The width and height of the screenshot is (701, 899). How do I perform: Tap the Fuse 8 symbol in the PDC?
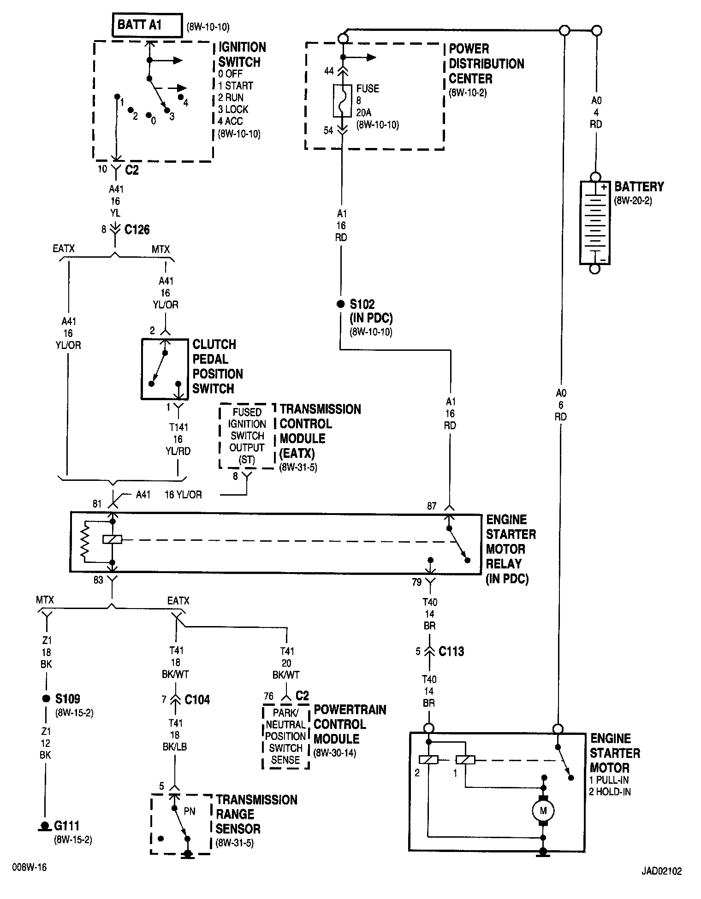342,100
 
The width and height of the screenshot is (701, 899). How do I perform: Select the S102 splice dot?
340,304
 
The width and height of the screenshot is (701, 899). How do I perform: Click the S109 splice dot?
46,699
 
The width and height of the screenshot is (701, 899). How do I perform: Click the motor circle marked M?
543,810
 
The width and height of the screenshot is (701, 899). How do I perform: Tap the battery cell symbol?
595,223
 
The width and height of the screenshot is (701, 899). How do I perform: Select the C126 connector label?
137,230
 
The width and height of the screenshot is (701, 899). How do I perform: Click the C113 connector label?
451,651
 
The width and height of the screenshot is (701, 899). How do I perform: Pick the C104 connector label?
197,700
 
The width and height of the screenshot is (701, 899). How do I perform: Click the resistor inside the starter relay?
85,542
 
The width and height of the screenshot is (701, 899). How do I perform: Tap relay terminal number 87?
431,506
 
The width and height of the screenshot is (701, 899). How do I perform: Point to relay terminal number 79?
416,582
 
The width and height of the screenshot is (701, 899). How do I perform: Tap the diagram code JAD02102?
661,871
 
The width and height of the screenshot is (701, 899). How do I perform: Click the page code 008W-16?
30,867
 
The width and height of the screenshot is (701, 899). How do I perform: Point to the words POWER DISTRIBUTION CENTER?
487,64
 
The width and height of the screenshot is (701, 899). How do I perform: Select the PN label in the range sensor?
190,811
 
